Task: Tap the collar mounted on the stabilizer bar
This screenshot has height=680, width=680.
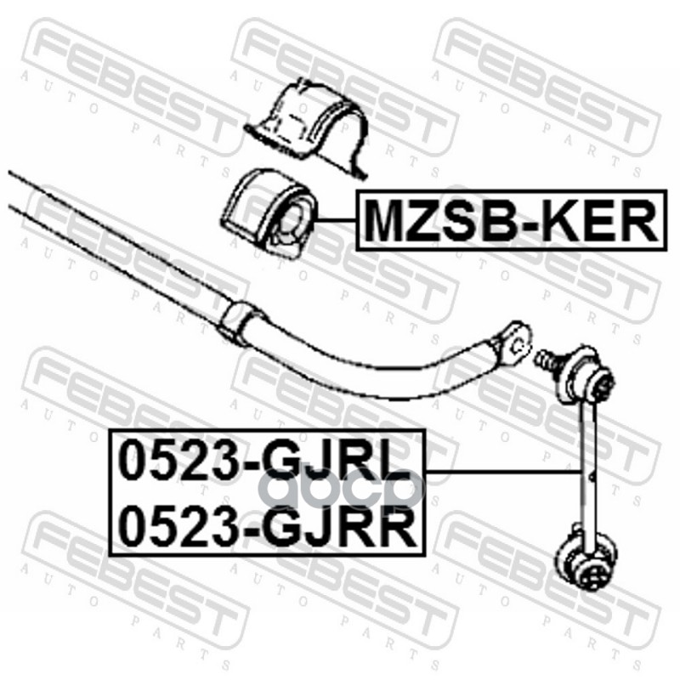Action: (x=241, y=321)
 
